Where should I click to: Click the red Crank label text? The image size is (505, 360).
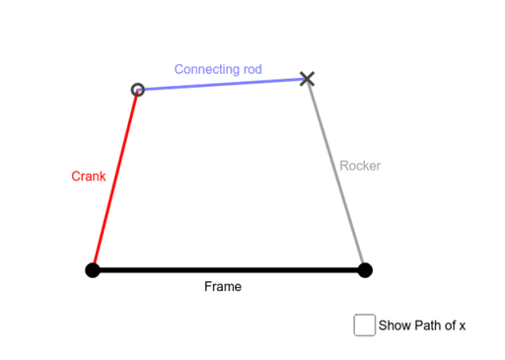pos(89,178)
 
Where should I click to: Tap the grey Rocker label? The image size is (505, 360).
pos(360,166)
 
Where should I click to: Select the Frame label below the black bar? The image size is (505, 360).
pos(223,287)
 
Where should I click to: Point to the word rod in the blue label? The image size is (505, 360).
pos(252,70)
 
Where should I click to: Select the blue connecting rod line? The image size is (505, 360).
pos(222,84)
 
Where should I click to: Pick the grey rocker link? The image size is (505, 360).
pos(336,174)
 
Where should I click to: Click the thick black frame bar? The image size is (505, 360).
pos(228,269)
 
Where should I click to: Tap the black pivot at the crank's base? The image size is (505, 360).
pos(93,269)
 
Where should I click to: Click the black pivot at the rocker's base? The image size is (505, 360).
pos(365,269)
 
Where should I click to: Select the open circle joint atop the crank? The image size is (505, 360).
pos(138,90)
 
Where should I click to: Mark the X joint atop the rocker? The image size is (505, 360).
pos(307,78)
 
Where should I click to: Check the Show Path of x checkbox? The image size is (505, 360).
pos(364,324)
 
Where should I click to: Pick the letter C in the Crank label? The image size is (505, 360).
pos(76,178)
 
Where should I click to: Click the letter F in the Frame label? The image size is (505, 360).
pos(208,287)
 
